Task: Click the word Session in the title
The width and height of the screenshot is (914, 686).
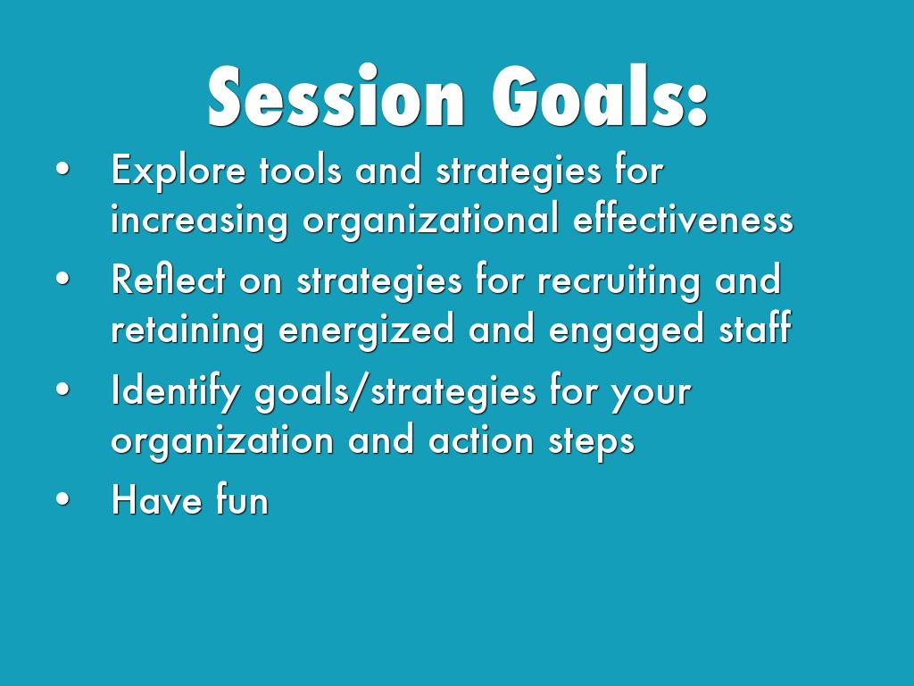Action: point(337,96)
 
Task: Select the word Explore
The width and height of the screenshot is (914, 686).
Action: point(179,171)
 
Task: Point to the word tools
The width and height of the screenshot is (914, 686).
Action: point(300,171)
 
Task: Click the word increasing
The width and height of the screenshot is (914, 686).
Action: point(199,221)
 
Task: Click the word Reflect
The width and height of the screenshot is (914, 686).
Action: point(168,279)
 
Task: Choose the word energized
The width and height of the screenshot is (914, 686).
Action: point(366,329)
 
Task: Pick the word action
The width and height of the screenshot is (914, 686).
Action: point(481,439)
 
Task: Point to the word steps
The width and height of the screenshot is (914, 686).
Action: point(592,442)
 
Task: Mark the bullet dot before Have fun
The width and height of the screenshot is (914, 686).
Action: point(63,500)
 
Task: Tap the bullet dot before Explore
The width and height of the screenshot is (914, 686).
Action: point(63,170)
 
